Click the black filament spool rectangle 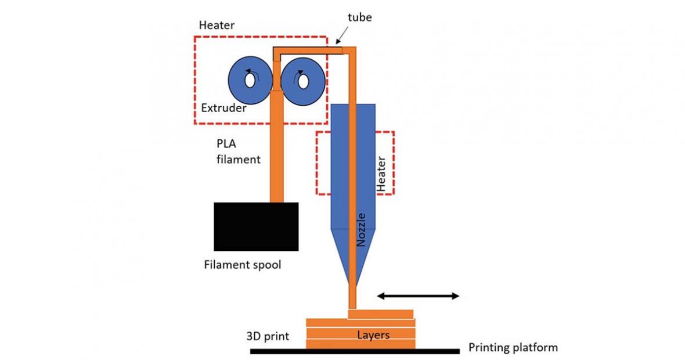pyautogui.click(x=256, y=226)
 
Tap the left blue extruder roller pyautogui.click(x=238, y=81)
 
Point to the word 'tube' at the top pyautogui.click(x=360, y=17)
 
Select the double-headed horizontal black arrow pyautogui.click(x=418, y=296)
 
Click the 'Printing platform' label pyautogui.click(x=513, y=348)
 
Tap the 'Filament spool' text pyautogui.click(x=243, y=265)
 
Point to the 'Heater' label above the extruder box pyautogui.click(x=216, y=26)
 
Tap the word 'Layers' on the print pyautogui.click(x=373, y=335)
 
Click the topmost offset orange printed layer pyautogui.click(x=381, y=314)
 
